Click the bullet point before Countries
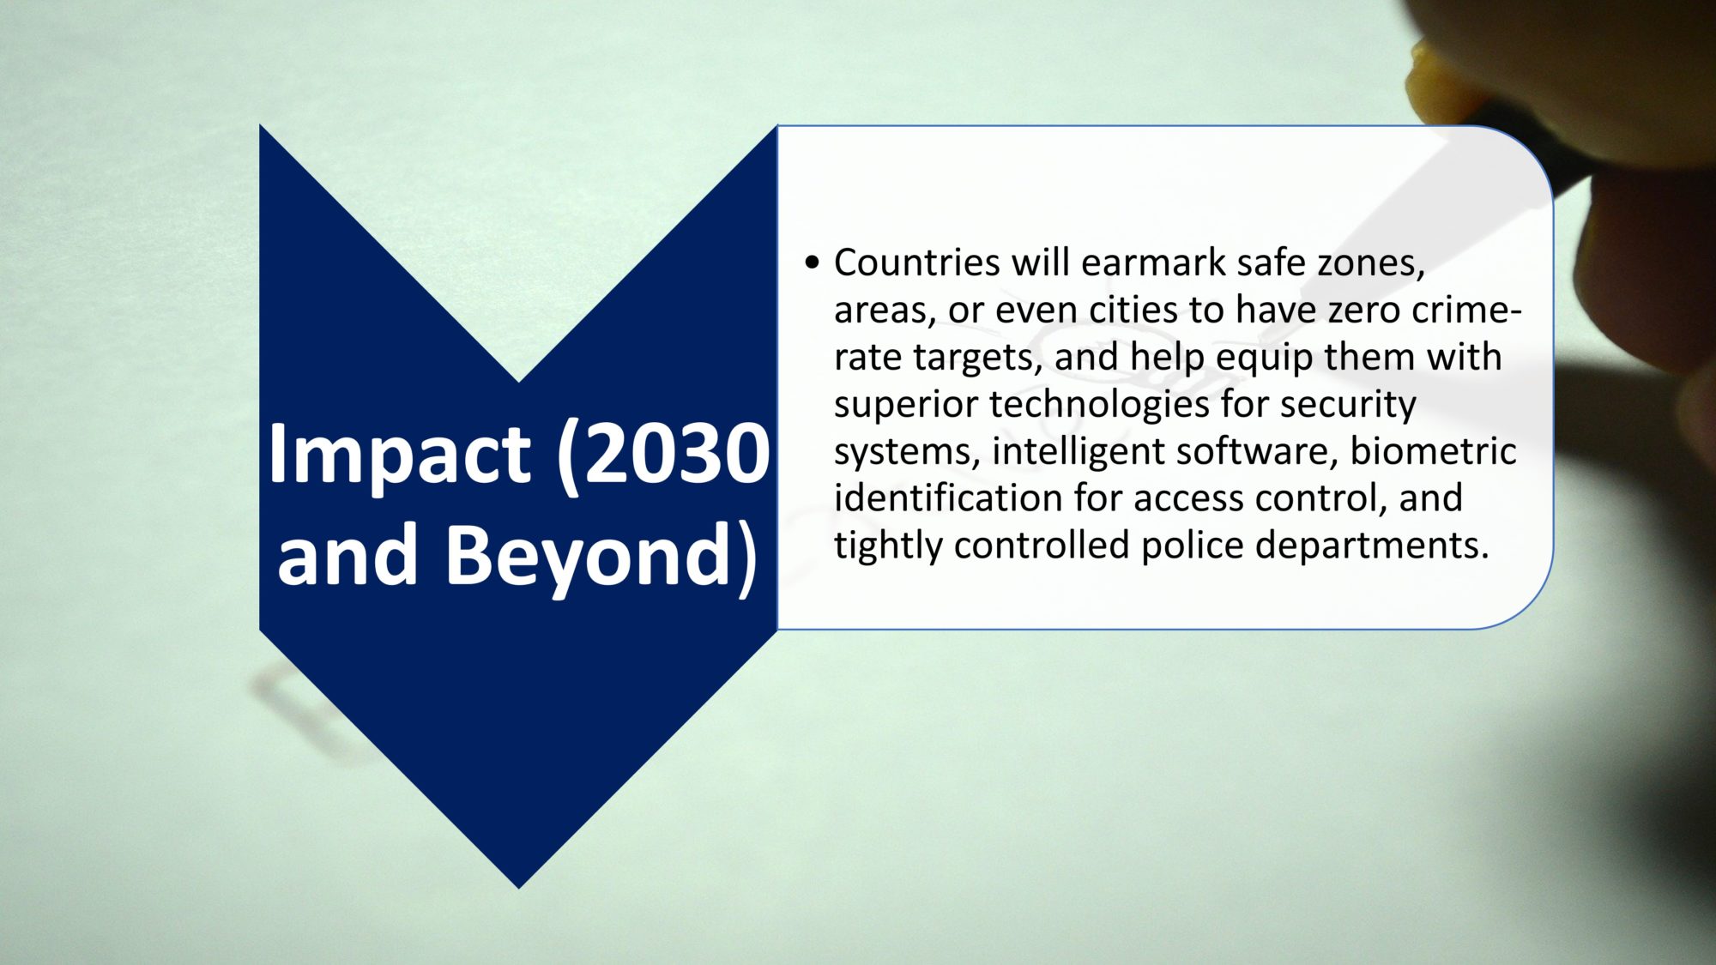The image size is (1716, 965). click(x=813, y=263)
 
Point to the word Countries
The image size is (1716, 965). click(x=916, y=262)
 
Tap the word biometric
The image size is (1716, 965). click(x=1433, y=452)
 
